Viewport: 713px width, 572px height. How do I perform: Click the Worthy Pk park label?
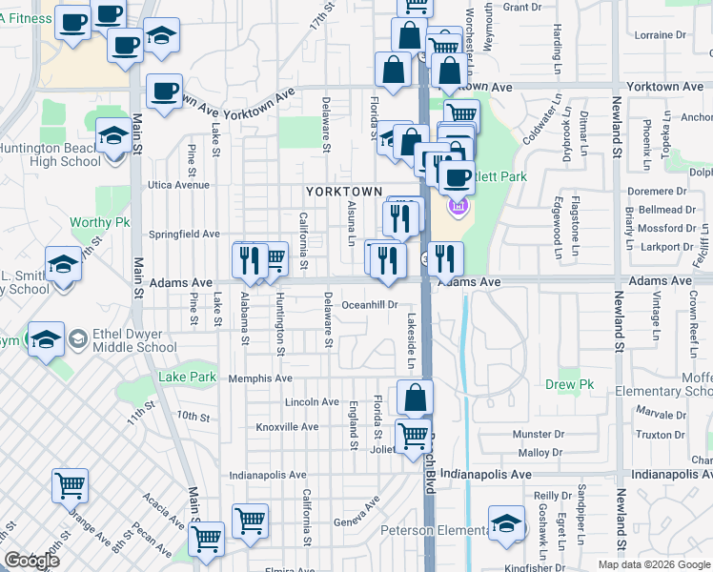click(x=99, y=223)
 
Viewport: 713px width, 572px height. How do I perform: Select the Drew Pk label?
click(x=569, y=385)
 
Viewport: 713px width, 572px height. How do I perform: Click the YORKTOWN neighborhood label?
click(x=343, y=192)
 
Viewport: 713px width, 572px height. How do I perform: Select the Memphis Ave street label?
click(x=261, y=378)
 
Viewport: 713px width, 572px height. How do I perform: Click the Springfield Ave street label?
click(x=185, y=234)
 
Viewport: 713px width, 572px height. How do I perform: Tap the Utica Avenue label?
click(x=176, y=184)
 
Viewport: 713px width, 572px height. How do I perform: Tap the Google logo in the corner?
click(x=31, y=561)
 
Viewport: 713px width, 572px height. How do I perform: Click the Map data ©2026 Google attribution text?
click(x=654, y=564)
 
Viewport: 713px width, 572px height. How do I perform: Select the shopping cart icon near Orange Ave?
click(x=71, y=485)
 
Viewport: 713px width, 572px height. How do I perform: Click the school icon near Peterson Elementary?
click(x=506, y=522)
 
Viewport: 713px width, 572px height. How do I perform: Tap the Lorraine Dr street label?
click(x=654, y=35)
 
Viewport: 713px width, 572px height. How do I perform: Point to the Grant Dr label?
click(x=521, y=7)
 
